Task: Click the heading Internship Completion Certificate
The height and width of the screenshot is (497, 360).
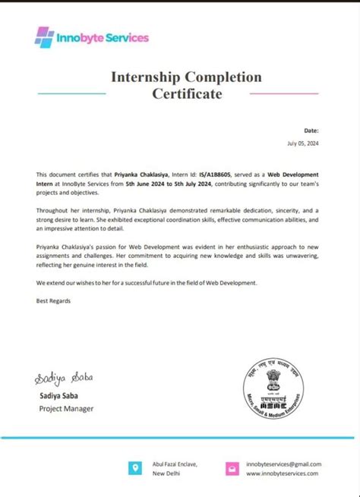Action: click(187, 86)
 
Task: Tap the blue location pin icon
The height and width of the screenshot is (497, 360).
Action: click(134, 468)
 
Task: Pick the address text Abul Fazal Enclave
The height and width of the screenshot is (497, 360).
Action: click(178, 464)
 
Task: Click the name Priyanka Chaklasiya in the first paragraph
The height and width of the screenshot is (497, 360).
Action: click(128, 175)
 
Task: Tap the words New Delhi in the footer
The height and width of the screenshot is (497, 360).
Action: click(167, 473)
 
